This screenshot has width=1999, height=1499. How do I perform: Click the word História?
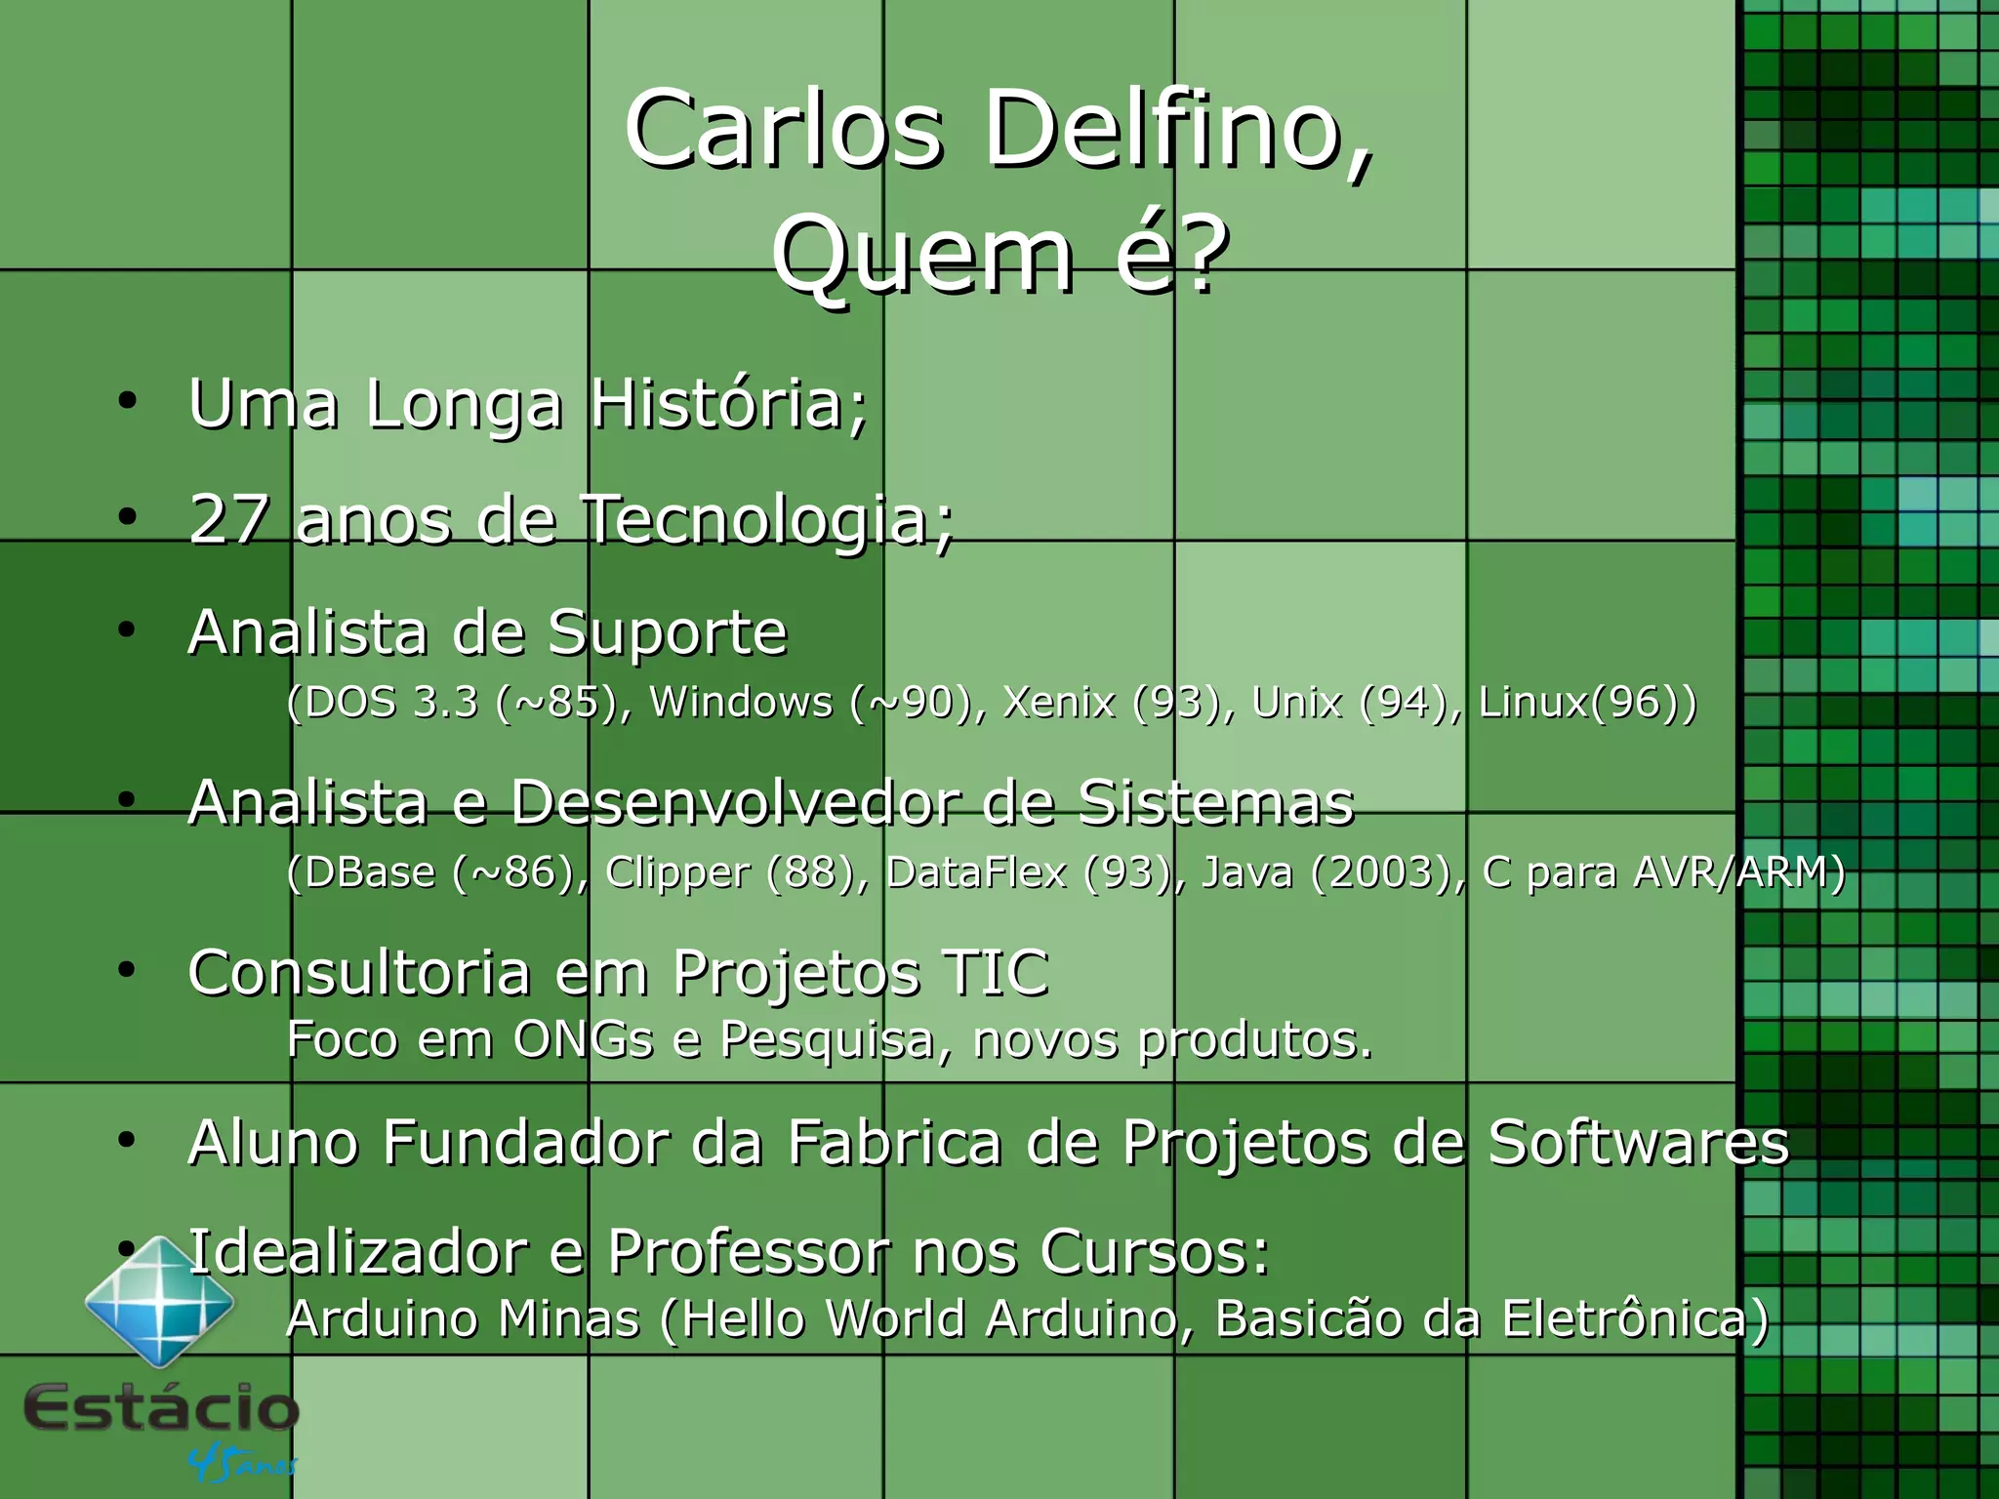[727, 404]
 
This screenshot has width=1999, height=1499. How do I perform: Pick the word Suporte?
[667, 634]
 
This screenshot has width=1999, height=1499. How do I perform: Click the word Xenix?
[1059, 703]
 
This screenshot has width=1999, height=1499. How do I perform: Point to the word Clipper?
[677, 872]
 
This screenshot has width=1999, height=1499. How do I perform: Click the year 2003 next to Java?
[1386, 872]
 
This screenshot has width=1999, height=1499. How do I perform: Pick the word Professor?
[748, 1252]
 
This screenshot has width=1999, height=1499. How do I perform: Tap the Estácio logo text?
[161, 1408]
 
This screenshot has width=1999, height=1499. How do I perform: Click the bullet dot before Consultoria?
[126, 970]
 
